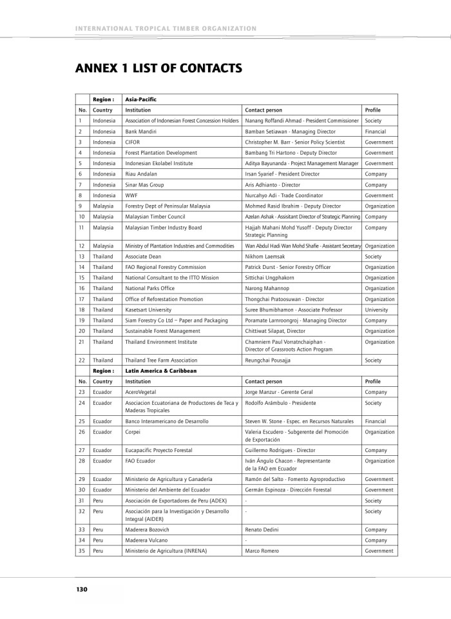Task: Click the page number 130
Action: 81,589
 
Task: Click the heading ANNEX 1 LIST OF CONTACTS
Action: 158,68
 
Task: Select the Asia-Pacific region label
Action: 141,100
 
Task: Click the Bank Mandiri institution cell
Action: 140,131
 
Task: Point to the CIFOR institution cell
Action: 133,142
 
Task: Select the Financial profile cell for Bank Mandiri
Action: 375,131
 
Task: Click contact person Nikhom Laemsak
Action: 264,256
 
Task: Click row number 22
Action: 82,360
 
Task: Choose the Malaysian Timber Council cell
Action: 155,217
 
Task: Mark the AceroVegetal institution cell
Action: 141,392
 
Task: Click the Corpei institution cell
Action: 133,431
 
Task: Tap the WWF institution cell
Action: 131,195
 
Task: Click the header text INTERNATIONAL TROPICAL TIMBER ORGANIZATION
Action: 166,28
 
